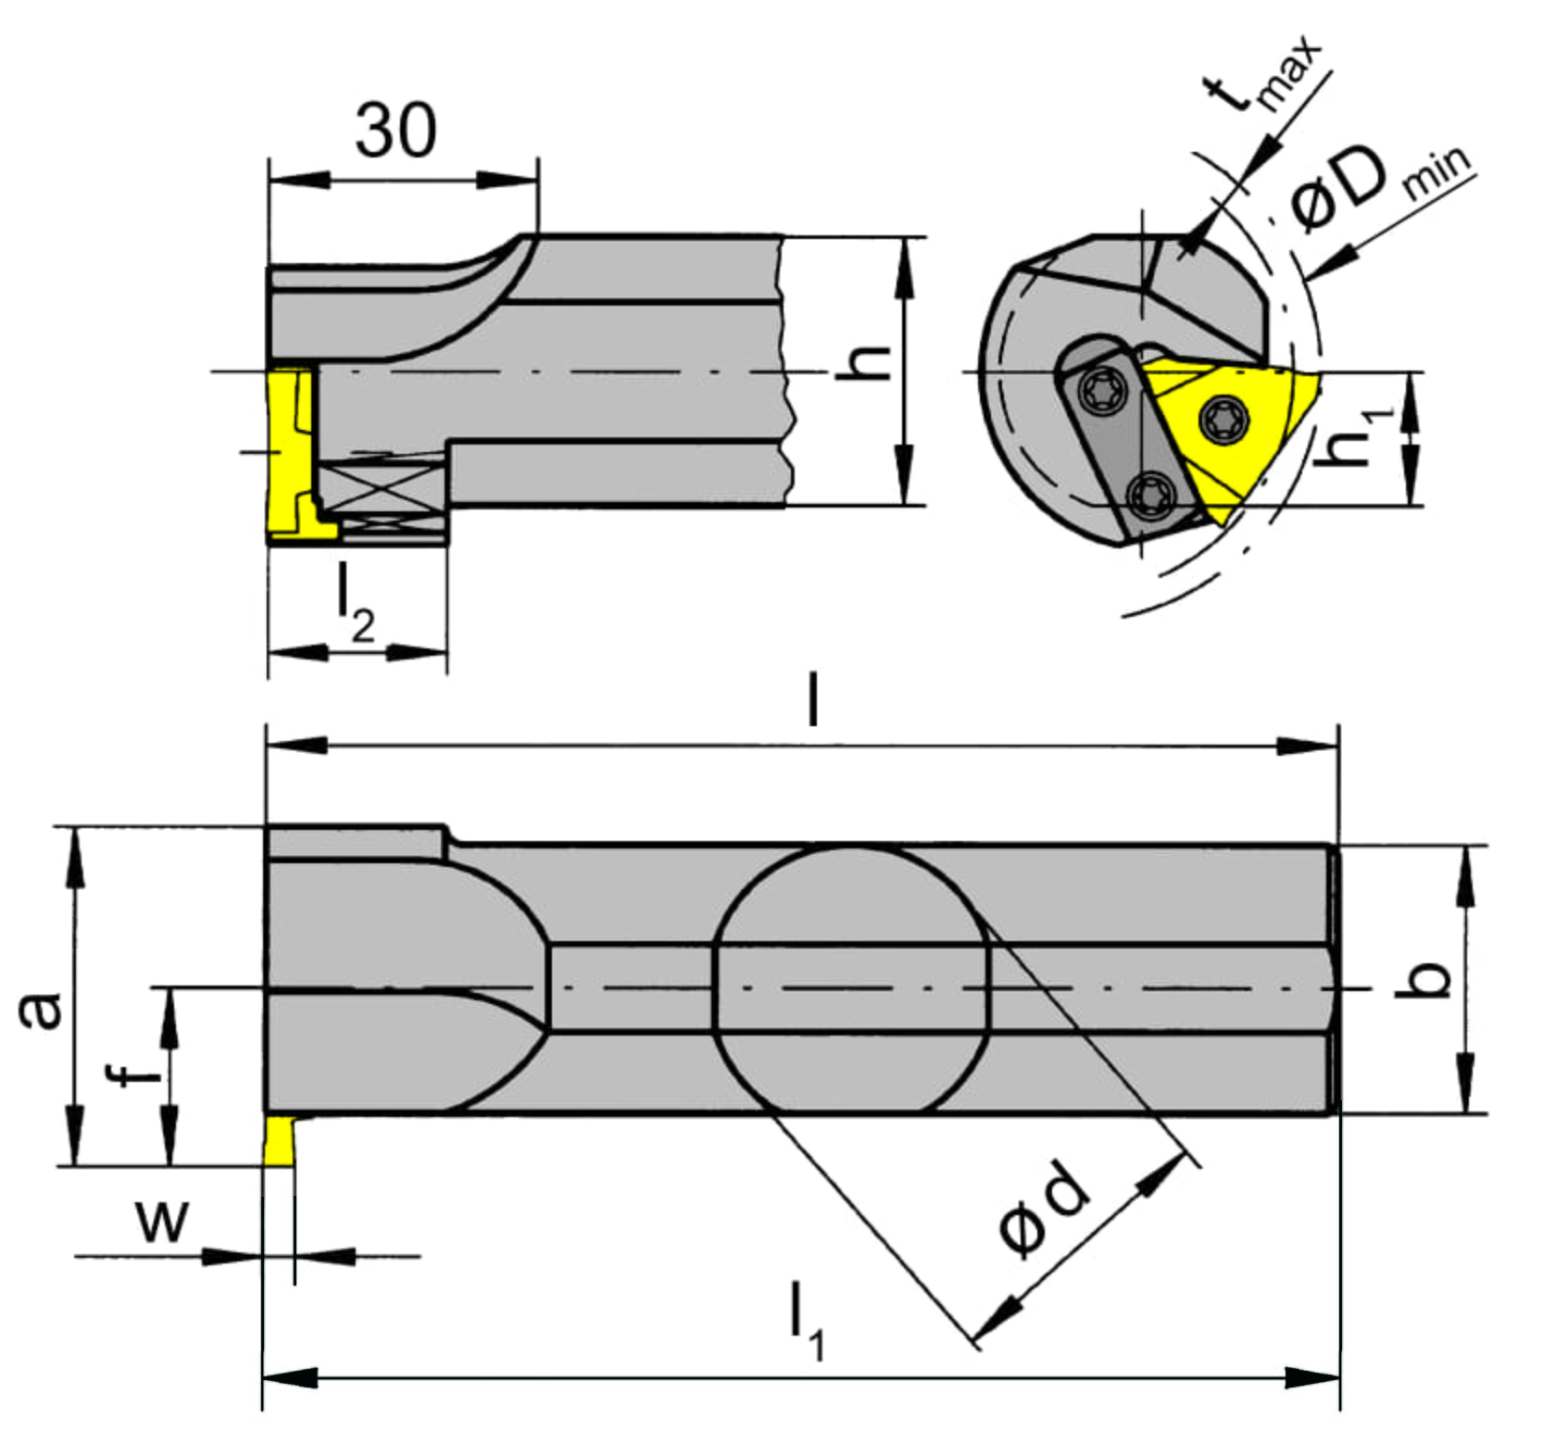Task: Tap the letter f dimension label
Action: [x=134, y=1074]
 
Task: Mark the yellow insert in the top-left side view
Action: [x=295, y=455]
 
